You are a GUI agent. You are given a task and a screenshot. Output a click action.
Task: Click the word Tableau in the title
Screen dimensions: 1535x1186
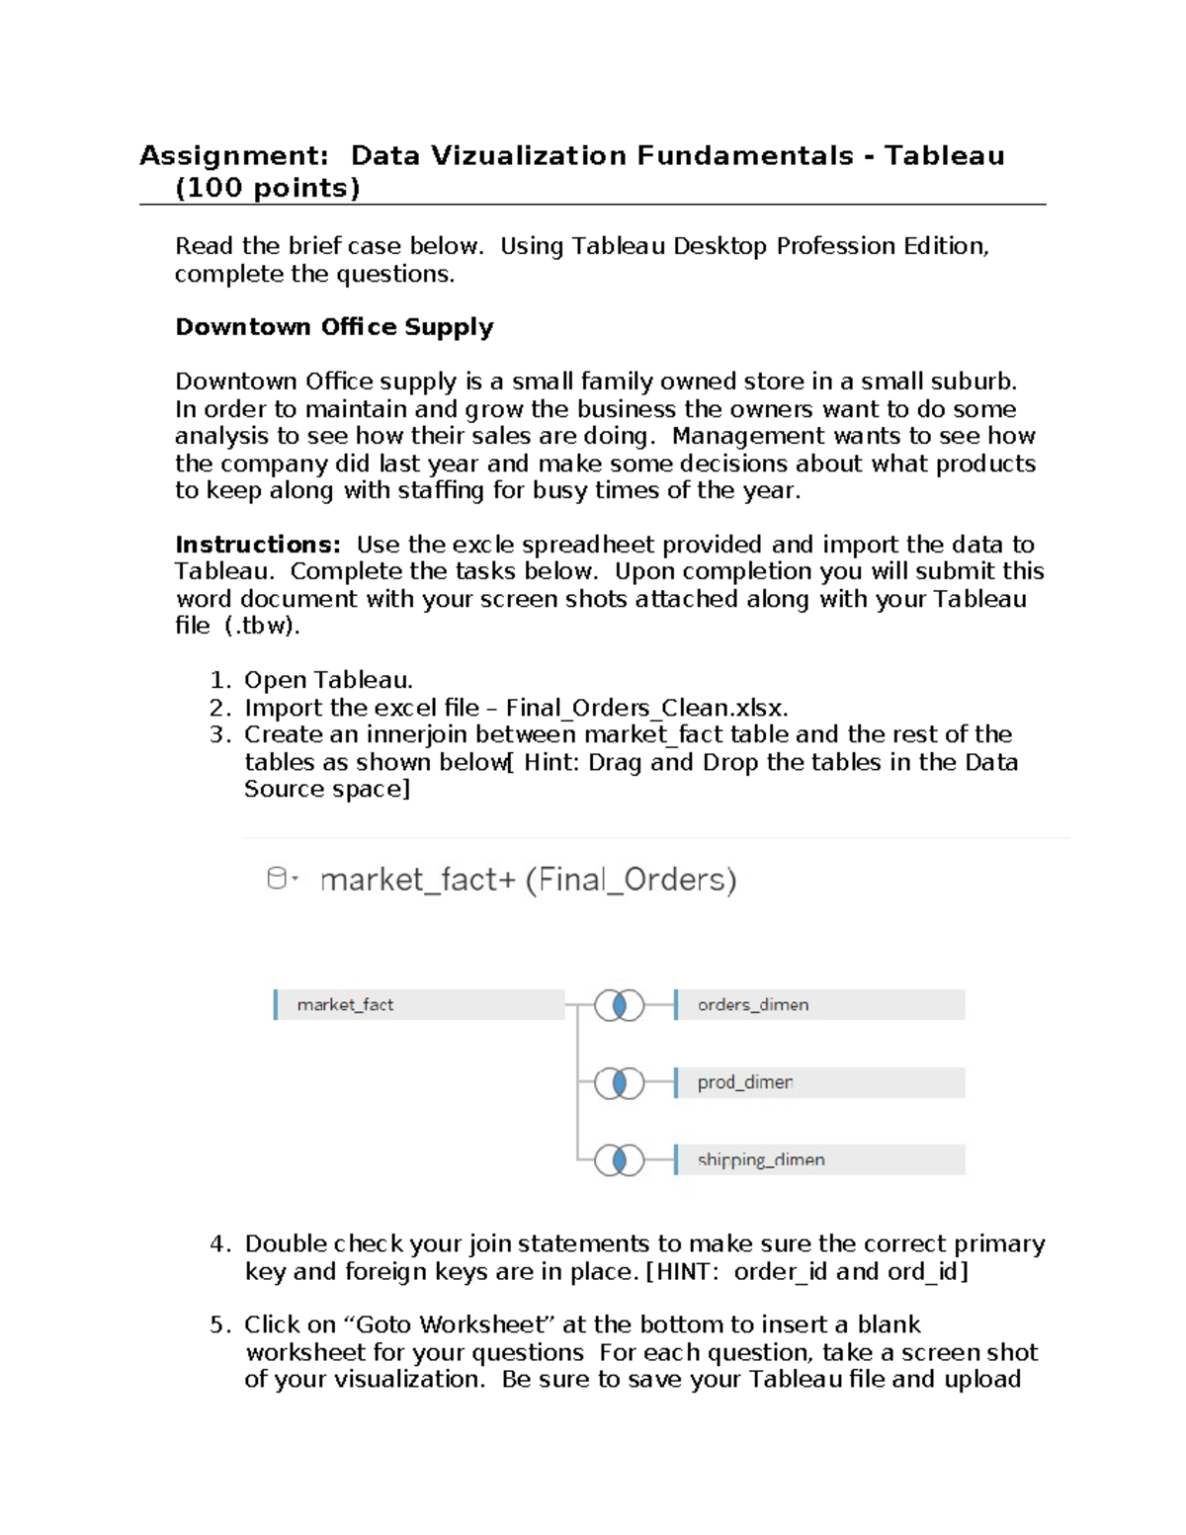click(x=944, y=156)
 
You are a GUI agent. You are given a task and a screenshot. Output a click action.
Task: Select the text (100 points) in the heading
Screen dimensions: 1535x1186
click(x=267, y=188)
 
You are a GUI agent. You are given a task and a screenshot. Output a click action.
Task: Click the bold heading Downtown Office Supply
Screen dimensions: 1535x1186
click(x=334, y=327)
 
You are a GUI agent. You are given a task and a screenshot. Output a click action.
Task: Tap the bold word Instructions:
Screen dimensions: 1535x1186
click(x=258, y=545)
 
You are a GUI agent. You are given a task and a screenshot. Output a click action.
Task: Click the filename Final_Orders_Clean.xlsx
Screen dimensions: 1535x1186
click(x=646, y=708)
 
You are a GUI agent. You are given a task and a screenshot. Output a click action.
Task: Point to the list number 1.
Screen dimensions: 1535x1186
click(x=219, y=680)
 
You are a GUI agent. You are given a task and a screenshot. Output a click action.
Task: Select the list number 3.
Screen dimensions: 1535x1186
click(x=219, y=734)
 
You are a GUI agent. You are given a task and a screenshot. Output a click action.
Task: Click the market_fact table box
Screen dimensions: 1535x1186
click(x=419, y=1004)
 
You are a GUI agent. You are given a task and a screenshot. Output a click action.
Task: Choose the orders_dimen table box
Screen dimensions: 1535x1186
click(x=819, y=1004)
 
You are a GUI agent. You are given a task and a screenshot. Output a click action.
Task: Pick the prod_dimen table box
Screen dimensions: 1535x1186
click(x=819, y=1082)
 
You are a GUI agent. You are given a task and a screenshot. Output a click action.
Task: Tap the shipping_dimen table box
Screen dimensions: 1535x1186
click(x=819, y=1159)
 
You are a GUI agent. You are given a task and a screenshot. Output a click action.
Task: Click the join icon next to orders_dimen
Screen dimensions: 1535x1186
click(x=620, y=1005)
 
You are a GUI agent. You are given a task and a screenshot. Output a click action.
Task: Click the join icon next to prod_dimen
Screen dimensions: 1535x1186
click(x=620, y=1083)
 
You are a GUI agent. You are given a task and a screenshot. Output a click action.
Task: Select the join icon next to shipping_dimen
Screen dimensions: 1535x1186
click(x=620, y=1160)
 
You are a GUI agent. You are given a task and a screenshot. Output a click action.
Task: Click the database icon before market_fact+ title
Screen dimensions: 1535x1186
click(x=279, y=879)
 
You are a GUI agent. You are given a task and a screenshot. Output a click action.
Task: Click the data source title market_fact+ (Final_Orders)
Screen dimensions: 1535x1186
click(x=528, y=880)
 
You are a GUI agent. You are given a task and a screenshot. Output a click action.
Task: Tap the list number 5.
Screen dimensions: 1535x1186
click(x=219, y=1324)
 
